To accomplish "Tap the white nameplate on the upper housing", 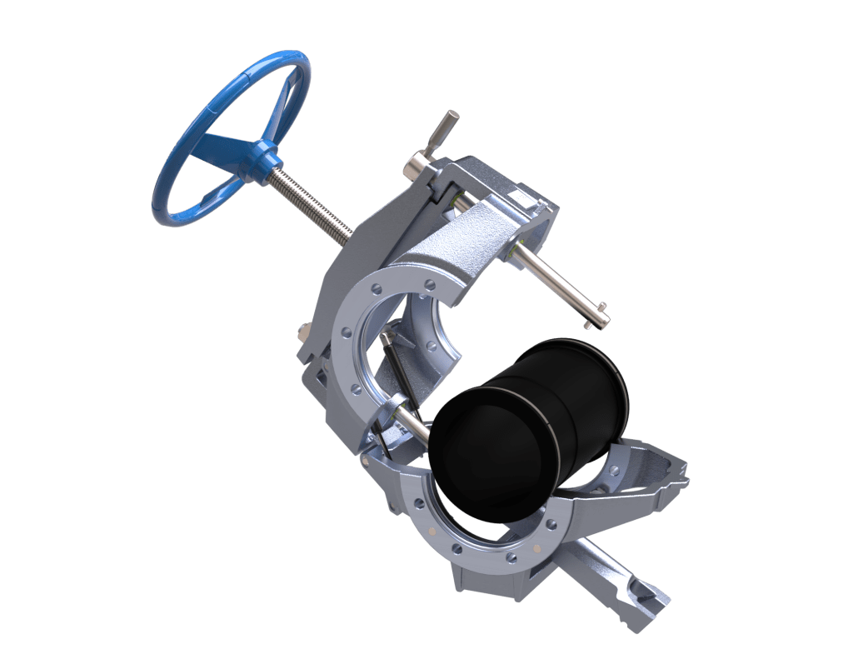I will tap(521, 198).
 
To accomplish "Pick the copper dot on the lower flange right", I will tap(537, 547).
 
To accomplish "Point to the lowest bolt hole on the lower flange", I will tap(511, 559).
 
